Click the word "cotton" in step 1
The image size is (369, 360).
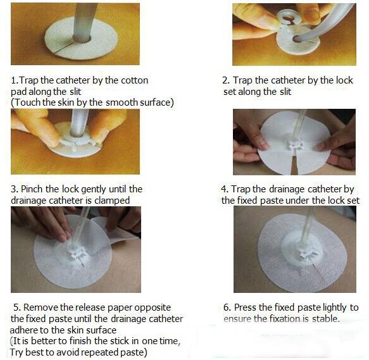134,80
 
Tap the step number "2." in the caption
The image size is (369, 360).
226,80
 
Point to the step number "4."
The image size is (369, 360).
225,189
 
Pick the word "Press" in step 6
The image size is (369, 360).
245,307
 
